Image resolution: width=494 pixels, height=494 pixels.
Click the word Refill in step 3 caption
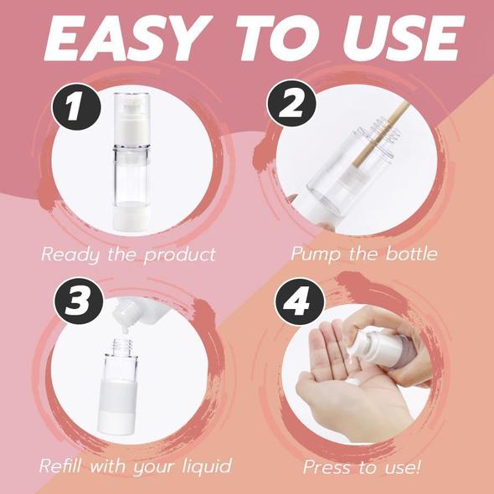(62, 466)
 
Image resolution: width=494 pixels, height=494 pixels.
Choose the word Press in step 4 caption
(329, 466)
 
